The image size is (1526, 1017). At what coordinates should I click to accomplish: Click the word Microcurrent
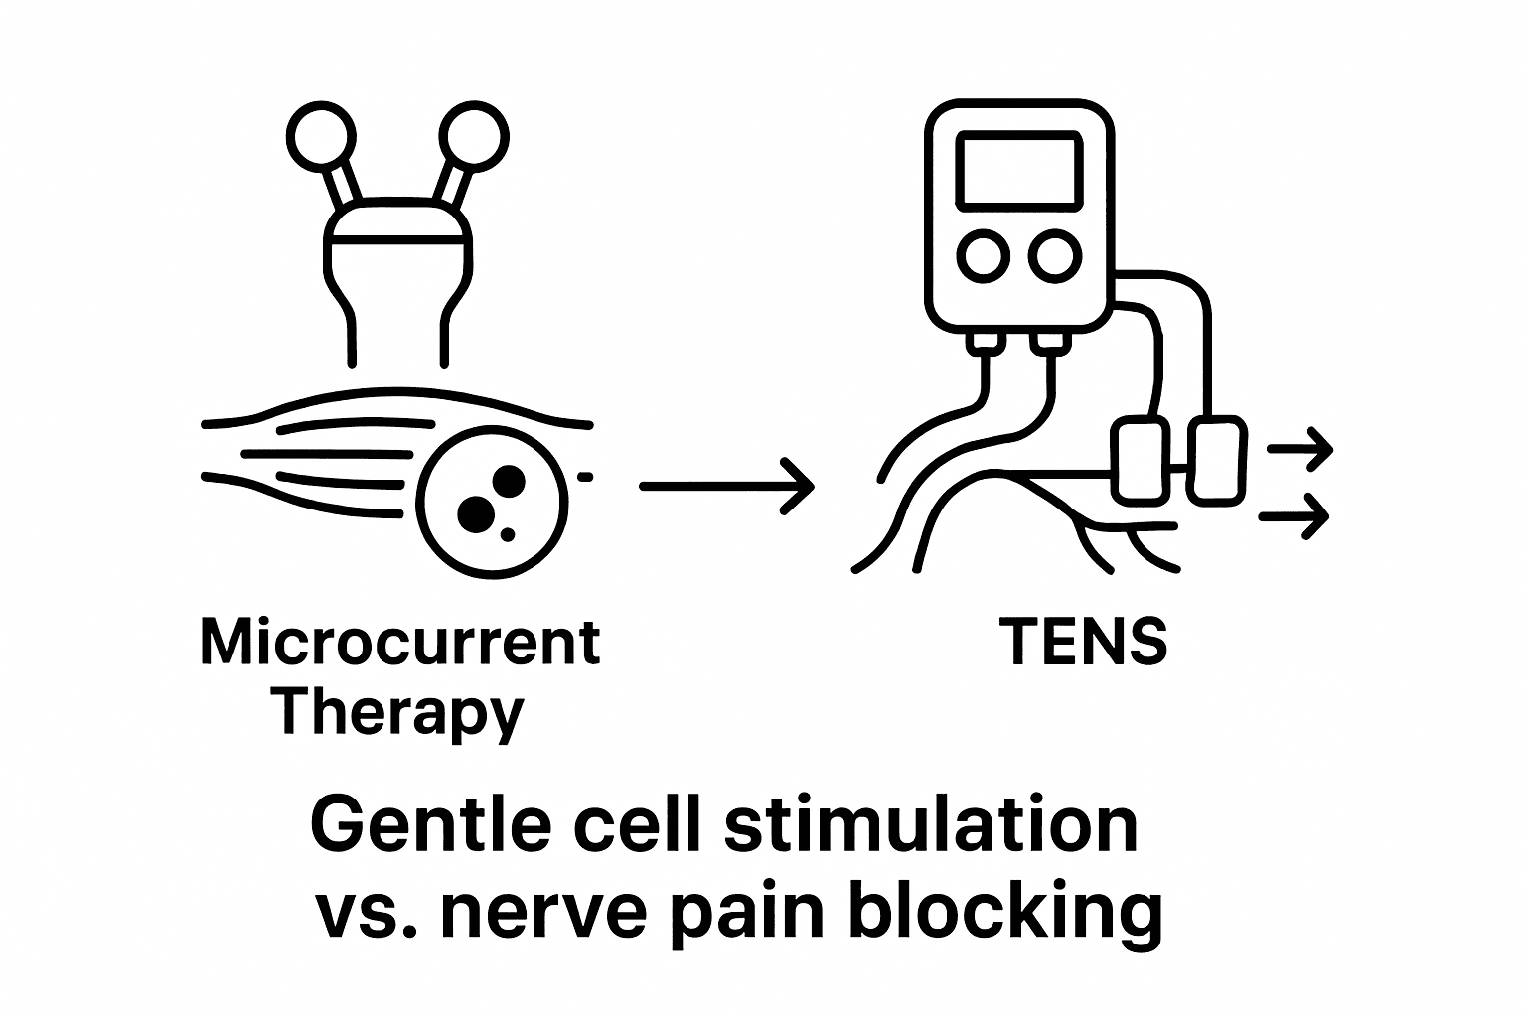pos(400,643)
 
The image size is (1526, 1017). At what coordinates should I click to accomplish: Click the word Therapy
pos(400,713)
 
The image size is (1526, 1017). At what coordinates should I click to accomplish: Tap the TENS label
pos(1083,642)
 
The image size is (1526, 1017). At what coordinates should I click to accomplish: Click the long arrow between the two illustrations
pos(726,486)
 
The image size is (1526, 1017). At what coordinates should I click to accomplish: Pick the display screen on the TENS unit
pos(1016,171)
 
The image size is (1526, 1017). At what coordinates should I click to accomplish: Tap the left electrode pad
pos(1140,461)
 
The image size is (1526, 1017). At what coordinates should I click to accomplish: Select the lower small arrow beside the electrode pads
pos(1295,515)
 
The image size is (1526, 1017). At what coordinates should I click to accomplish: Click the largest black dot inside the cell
pos(476,512)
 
